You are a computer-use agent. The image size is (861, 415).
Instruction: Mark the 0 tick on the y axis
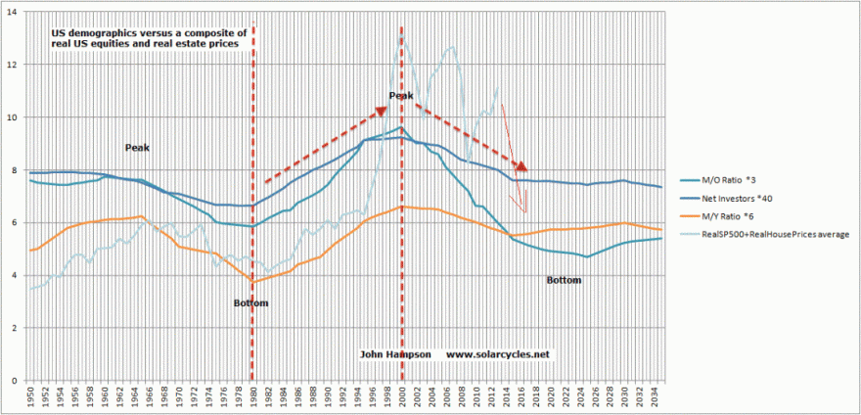(x=13, y=381)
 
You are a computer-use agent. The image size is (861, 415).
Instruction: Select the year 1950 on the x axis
(x=31, y=398)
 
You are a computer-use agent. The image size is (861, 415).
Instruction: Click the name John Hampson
(x=395, y=353)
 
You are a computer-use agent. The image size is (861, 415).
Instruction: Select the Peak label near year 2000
(x=401, y=96)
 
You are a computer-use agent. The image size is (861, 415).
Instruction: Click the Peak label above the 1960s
(x=136, y=148)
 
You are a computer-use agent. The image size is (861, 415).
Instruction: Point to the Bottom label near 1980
(x=250, y=303)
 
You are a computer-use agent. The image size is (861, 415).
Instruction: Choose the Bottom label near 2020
(x=564, y=280)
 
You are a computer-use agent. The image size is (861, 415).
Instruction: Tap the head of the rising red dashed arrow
(x=383, y=111)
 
